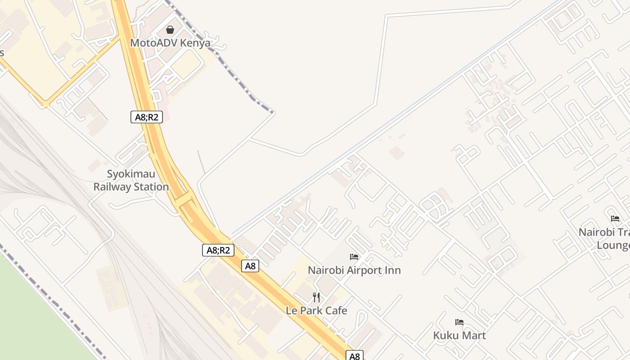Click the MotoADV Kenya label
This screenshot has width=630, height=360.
(170, 43)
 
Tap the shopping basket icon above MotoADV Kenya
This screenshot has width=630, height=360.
(170, 30)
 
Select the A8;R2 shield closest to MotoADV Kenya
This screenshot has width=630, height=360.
(147, 117)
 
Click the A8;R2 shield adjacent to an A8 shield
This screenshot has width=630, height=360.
(218, 250)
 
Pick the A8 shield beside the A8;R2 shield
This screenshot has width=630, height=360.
(250, 266)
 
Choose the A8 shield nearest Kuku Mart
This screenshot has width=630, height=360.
(355, 356)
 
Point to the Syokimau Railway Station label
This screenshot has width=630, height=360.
(131, 180)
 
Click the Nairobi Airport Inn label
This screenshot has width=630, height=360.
(354, 270)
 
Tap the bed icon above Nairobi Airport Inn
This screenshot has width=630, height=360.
(354, 257)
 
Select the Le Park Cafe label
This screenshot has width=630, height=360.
(316, 310)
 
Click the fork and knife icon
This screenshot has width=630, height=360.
(316, 297)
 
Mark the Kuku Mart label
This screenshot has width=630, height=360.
(459, 335)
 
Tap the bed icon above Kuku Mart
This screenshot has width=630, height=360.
(459, 322)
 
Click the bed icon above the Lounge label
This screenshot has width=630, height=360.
(615, 219)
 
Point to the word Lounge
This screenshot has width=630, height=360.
(613, 246)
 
